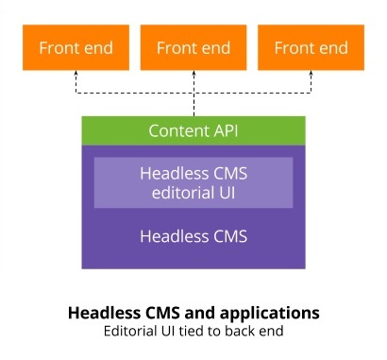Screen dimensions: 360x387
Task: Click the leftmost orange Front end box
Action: coord(76,48)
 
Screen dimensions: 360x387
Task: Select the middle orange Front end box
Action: coord(193,48)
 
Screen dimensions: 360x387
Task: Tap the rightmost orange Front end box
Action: coord(311,48)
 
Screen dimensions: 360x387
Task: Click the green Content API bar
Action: coord(193,130)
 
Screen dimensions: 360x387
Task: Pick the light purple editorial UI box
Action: coord(193,183)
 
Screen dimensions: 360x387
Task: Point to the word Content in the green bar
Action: coord(178,130)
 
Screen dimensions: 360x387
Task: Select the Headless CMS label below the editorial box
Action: coord(193,236)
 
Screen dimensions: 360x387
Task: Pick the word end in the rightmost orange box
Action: coord(332,48)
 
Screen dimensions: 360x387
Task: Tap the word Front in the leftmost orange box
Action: coord(58,48)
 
